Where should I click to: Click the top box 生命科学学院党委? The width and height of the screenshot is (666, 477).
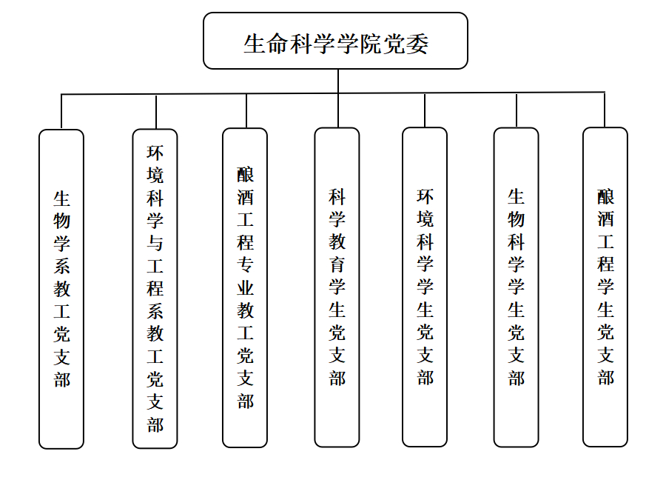point(335,41)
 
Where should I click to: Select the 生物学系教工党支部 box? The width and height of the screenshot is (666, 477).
point(61,289)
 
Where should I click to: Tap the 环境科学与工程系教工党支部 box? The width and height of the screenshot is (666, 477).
point(155,289)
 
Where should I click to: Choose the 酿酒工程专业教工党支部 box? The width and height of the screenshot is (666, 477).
point(245,288)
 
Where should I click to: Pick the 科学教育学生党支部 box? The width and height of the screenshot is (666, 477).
point(337,287)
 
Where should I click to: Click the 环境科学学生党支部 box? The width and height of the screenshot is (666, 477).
point(425,287)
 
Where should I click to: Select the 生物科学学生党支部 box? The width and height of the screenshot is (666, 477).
point(516,287)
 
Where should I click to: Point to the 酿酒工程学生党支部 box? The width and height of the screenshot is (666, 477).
point(605,287)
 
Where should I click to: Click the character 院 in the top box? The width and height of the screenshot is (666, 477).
point(371,44)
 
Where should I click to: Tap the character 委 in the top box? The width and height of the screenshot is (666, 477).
point(417,44)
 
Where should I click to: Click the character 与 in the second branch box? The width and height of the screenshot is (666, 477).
point(155,243)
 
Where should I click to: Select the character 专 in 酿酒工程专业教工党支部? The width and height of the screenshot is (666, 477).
point(246,265)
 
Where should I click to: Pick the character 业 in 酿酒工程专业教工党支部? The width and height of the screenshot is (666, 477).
point(246,288)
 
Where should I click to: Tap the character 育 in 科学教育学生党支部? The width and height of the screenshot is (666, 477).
point(337,264)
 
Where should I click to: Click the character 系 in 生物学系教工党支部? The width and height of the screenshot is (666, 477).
point(61,266)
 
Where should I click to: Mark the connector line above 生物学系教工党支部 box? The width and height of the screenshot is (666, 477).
point(61,111)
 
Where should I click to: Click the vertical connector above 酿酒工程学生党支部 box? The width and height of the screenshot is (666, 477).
point(605,110)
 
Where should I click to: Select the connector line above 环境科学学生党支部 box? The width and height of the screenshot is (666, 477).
point(425,110)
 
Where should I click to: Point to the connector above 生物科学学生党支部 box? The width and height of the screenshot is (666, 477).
point(517,110)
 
